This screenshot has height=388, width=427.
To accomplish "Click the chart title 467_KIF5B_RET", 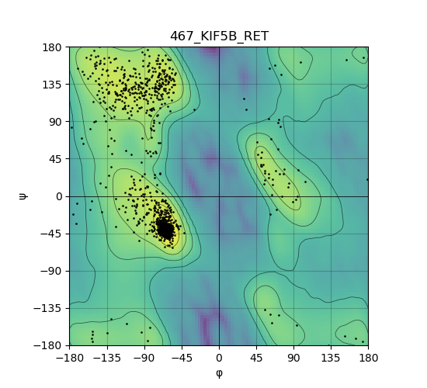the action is click(x=220, y=36).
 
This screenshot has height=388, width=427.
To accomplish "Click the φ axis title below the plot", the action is click(x=219, y=373).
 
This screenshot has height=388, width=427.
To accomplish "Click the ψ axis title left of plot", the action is click(x=23, y=196).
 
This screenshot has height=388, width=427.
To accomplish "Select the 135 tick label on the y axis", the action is click(x=52, y=85).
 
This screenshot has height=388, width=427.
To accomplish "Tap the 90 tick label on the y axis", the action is click(x=55, y=122).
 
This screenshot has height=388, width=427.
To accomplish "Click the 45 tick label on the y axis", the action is click(x=55, y=159).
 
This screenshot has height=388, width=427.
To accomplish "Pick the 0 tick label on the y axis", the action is click(x=59, y=196).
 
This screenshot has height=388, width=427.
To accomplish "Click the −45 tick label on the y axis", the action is click(x=51, y=234).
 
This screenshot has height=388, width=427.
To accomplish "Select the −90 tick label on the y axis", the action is click(x=51, y=271).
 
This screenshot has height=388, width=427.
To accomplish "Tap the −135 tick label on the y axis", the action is click(x=48, y=308).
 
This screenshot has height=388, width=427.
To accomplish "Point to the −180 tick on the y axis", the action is click(x=48, y=345).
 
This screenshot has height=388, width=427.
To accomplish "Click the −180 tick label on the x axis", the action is click(x=69, y=358).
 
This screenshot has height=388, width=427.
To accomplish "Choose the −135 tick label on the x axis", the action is click(x=107, y=358).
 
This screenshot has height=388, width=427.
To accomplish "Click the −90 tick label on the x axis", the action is click(x=144, y=358).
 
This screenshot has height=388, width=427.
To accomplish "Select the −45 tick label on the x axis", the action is click(x=182, y=358).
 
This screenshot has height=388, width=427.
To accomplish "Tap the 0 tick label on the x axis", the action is click(x=219, y=358).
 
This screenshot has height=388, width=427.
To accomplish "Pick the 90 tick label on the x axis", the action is click(x=293, y=358).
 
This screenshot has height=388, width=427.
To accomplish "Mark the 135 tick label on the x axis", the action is click(x=331, y=358).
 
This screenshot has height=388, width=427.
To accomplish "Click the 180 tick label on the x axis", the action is click(x=368, y=358).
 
